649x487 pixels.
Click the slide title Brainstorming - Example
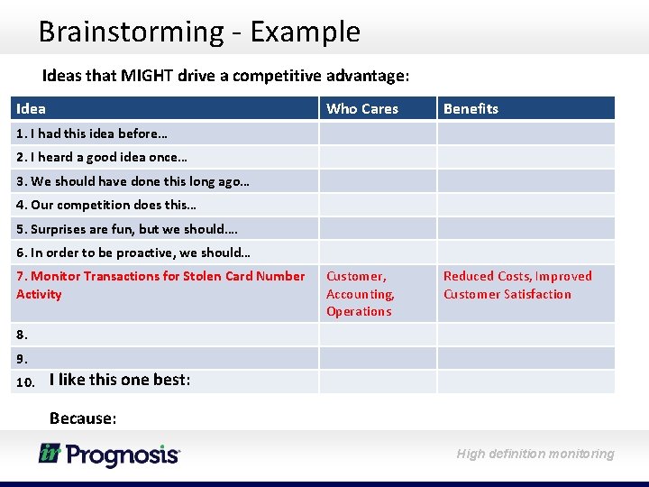pos(199,32)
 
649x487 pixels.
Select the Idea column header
pos(32,108)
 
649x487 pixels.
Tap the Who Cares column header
pos(361,108)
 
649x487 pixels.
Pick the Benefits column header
pos(471,108)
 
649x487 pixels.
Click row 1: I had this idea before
pos(92,133)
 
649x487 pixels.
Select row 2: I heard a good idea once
pos(102,157)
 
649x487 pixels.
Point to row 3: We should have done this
pos(133,181)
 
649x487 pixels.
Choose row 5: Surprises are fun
pos(127,229)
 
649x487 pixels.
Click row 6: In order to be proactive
pos(133,253)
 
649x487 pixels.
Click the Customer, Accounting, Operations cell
pos(361,294)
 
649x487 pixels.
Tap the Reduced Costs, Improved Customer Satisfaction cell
pos(517,285)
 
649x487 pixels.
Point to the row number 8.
pos(23,334)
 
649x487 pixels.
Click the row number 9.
pos(23,358)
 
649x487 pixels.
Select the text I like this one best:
pos(120,380)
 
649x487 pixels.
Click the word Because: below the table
pos(83,418)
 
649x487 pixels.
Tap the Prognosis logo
pos(109,455)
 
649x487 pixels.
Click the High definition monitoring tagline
pos(535,454)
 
